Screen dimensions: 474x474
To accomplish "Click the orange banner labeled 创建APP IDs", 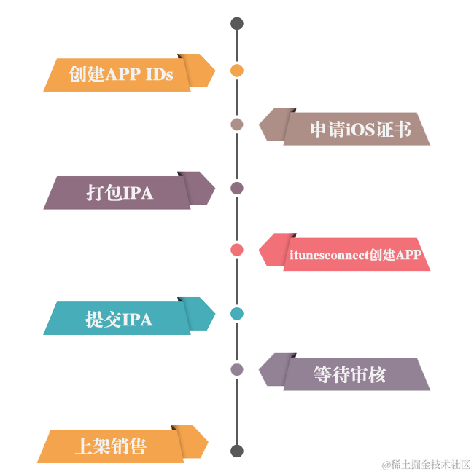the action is pos(121,74).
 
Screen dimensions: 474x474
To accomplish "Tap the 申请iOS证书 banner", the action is pos(357,129).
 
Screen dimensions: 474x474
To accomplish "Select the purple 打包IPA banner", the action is pos(120,192).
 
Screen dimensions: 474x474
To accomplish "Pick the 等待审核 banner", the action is pos(349,374).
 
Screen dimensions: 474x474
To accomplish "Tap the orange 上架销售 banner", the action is pos(110,446).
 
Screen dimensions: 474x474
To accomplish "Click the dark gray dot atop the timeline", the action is pos(236,24).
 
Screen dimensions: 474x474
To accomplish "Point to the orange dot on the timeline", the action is pos(236,71).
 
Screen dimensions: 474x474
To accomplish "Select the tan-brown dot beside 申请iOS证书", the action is pos(236,125).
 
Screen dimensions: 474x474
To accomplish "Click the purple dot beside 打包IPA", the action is pos(236,189).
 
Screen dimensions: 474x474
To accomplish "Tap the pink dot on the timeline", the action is pos(236,250).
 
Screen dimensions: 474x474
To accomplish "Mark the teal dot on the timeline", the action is pos(236,314).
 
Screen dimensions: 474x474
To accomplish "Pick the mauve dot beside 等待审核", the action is pos(236,369).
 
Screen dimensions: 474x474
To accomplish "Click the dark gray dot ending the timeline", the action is pos(236,451).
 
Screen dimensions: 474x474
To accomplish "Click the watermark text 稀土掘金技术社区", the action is pos(427,463).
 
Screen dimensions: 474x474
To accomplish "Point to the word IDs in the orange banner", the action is pos(160,74).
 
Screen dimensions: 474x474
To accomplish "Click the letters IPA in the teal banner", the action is pos(136,319).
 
